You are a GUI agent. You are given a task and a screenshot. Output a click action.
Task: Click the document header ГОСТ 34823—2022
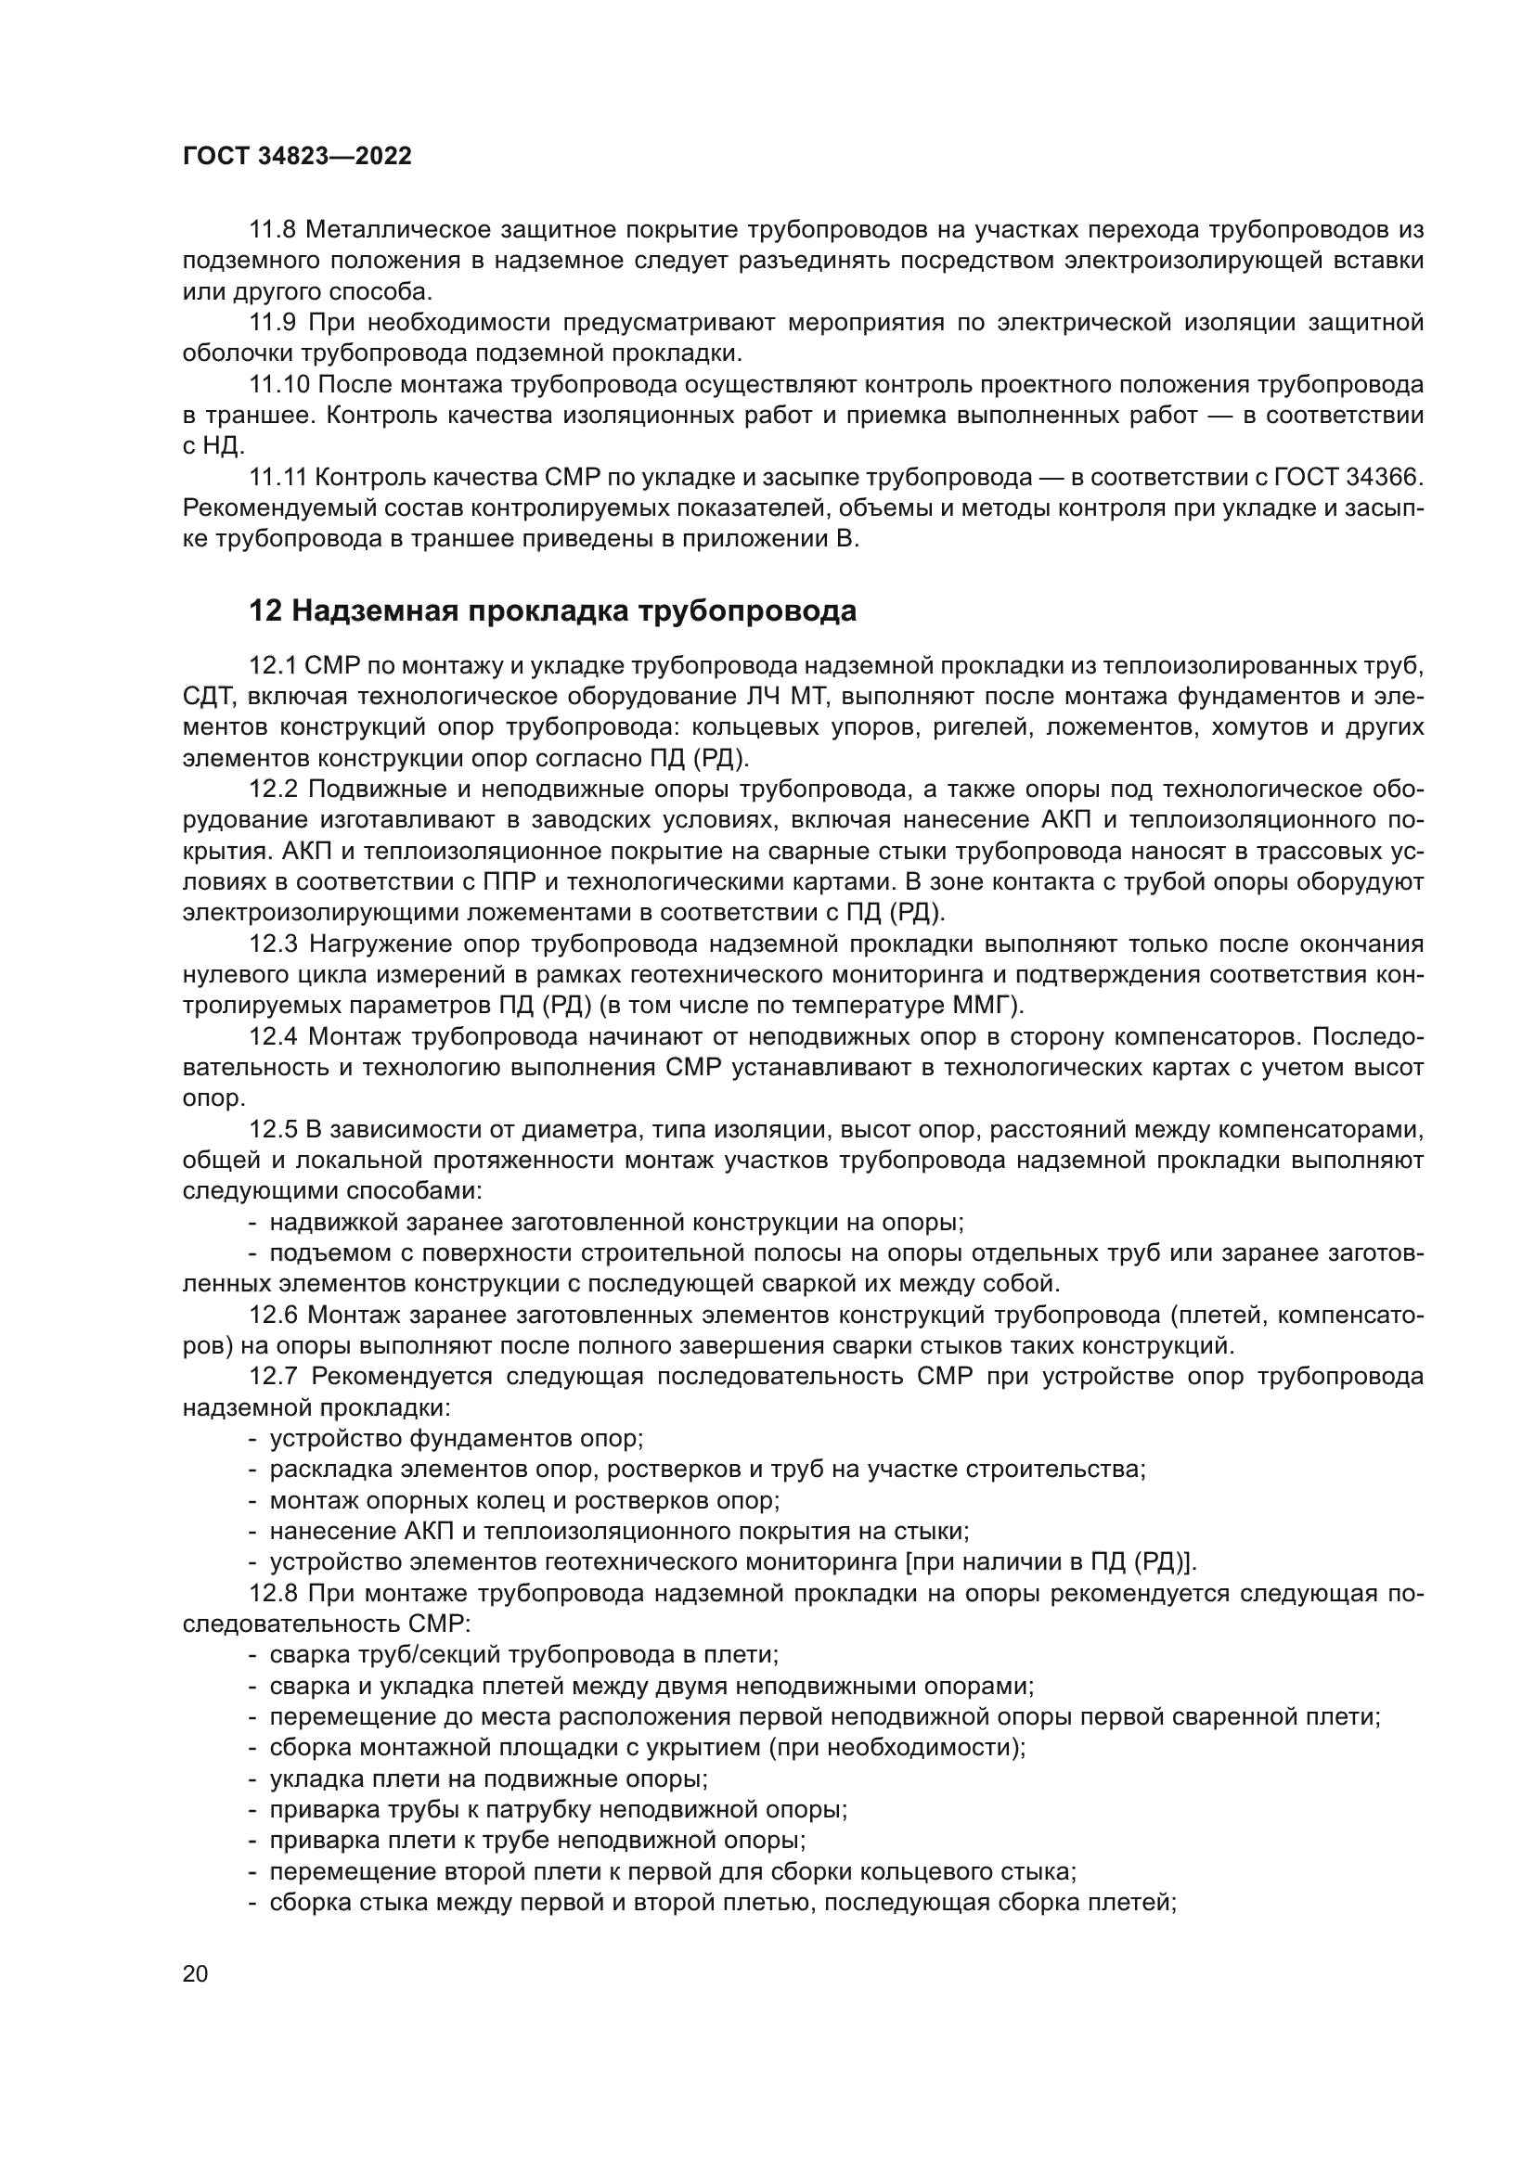pyautogui.click(x=297, y=157)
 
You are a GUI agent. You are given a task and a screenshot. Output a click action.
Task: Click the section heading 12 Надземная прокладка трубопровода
pyautogui.click(x=552, y=611)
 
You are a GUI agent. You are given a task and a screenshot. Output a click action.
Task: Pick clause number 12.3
pyautogui.click(x=273, y=944)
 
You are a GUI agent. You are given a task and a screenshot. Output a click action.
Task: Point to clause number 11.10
pyautogui.click(x=279, y=385)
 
